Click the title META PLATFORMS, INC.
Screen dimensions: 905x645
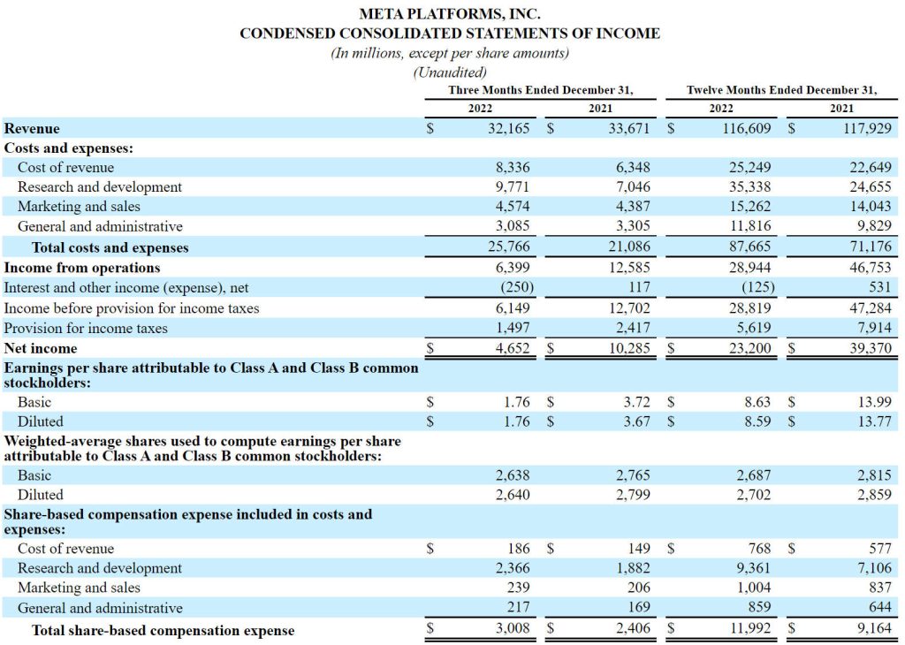450,13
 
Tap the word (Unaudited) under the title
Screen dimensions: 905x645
450,72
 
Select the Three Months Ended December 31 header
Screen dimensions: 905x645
541,90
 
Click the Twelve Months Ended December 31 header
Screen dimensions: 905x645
781,90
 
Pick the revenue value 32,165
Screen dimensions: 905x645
508,128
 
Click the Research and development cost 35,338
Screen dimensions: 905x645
750,187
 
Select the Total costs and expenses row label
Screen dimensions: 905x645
110,247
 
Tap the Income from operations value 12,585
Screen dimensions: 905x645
629,268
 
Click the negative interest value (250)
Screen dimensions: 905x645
517,287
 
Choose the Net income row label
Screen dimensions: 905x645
41,348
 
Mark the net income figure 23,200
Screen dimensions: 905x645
750,348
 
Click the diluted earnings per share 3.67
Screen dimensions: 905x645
636,421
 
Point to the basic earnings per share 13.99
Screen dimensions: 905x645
874,402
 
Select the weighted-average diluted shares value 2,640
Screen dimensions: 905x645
513,495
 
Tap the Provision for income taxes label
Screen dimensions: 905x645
86,329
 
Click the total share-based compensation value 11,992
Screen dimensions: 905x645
750,627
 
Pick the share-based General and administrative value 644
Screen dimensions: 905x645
880,608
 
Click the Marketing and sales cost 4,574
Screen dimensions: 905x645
513,207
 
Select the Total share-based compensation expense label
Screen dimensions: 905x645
163,631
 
